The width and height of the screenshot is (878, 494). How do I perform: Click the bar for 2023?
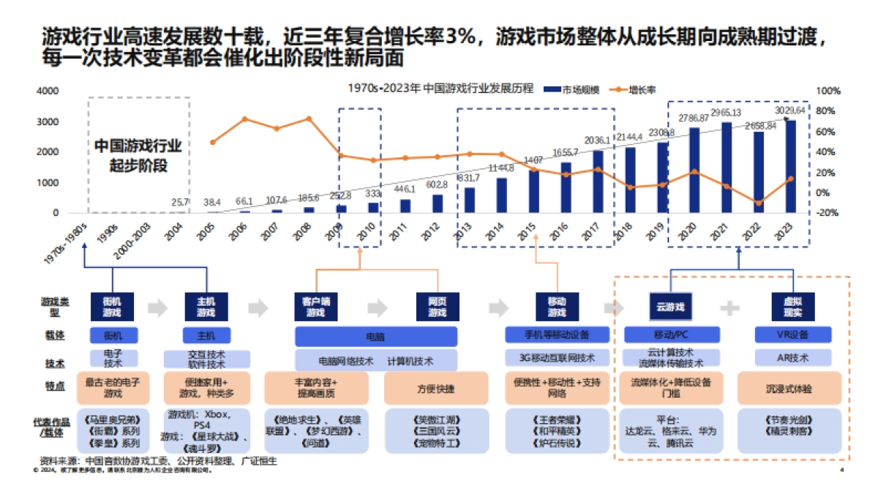(790, 166)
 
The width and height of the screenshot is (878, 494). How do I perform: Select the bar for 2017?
(598, 181)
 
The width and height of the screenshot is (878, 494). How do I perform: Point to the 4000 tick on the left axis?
(47, 91)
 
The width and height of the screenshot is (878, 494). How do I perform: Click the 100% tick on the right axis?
(828, 91)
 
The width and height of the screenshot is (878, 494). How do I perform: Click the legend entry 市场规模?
(572, 89)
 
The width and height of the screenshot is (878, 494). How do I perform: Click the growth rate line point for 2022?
(758, 203)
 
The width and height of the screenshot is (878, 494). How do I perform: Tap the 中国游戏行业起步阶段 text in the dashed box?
(138, 156)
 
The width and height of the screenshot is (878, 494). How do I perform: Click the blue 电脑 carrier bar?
(376, 337)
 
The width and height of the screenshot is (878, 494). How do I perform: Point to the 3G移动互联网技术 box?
(557, 358)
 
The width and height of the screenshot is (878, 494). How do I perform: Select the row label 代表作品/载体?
(50, 427)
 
